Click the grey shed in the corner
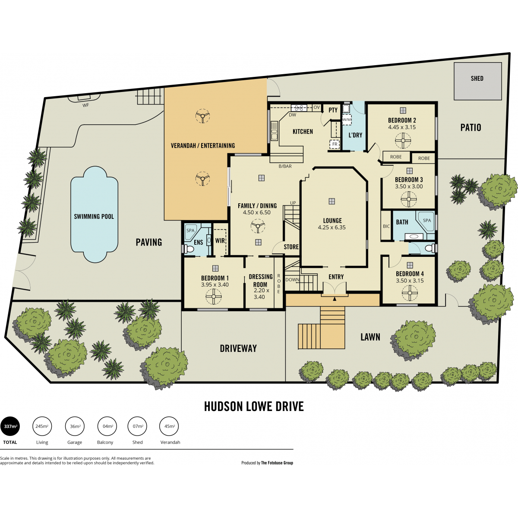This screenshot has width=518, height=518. [478, 81]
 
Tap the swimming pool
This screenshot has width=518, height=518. [94, 214]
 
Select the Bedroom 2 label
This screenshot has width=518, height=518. [401, 120]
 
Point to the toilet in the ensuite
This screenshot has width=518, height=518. [189, 249]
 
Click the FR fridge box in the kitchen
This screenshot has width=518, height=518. [335, 144]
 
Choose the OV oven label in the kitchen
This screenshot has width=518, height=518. [317, 107]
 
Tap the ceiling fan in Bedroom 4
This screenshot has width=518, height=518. [410, 293]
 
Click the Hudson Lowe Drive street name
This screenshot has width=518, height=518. [254, 407]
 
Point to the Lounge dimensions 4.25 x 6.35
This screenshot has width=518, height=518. [332, 227]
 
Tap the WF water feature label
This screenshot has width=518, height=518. [85, 105]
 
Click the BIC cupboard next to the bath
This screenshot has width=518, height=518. [386, 225]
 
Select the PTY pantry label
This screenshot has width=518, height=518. [333, 110]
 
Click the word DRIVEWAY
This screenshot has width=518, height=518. [238, 348]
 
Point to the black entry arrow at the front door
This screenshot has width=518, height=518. [335, 299]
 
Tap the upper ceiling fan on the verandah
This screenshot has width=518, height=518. [202, 116]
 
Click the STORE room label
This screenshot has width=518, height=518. [291, 247]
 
